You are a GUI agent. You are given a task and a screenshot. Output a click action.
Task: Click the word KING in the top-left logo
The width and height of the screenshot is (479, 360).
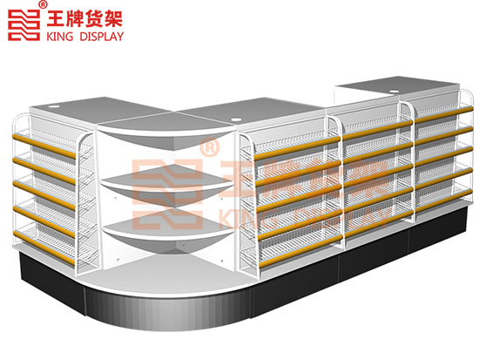click(x=60, y=37)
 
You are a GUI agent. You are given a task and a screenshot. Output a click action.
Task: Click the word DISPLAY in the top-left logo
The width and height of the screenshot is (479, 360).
click(x=101, y=37)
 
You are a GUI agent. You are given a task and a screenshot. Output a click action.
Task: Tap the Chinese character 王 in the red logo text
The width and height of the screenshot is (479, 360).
click(x=55, y=19)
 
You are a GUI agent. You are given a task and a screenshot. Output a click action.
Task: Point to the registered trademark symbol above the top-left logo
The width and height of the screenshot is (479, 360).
click(x=44, y=4)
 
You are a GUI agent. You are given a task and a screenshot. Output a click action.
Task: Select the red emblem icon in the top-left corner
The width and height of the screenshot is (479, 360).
click(x=24, y=25)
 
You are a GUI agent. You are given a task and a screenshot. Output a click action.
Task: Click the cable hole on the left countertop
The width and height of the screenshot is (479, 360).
click(x=55, y=107)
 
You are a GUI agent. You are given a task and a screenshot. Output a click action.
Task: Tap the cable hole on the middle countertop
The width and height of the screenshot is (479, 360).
click(x=235, y=119)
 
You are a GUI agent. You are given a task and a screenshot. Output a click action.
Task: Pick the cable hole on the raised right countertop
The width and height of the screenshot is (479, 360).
click(x=395, y=91)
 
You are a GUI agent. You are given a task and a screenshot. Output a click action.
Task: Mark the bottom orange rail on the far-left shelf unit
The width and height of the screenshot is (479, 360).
click(x=44, y=248)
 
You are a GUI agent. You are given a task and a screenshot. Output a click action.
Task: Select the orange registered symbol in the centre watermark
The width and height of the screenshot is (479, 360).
click(x=209, y=147)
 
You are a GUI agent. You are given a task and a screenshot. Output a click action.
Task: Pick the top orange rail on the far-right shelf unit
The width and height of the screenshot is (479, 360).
click(x=444, y=115)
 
